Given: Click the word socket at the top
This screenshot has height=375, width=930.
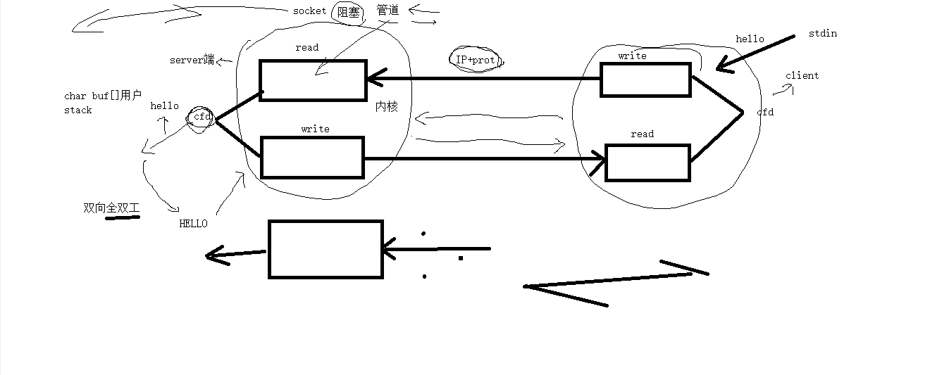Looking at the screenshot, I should tap(309, 11).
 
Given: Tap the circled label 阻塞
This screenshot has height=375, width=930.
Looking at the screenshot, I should tap(349, 12).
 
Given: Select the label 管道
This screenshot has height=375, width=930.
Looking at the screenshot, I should tap(387, 10).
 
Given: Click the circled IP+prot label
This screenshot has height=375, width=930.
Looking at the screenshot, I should tap(475, 61).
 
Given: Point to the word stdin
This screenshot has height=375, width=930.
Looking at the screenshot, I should tap(822, 33).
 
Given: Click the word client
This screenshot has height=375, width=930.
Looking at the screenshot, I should tap(802, 75).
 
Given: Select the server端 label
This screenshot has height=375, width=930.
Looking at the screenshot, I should tap(192, 61).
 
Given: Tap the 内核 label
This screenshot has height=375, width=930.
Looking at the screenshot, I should tap(386, 106).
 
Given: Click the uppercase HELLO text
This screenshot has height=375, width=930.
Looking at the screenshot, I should tap(194, 223).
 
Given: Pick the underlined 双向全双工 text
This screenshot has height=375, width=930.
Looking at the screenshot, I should tap(111, 208).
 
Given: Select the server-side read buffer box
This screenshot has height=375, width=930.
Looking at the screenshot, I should tap(313, 80).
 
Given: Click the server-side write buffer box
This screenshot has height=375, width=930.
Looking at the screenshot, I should tap(312, 158).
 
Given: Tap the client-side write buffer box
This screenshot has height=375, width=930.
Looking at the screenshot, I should tap(645, 80).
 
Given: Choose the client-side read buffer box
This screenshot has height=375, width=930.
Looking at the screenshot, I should tap(647, 163).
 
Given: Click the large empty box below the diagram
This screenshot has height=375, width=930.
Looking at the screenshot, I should tap(325, 249).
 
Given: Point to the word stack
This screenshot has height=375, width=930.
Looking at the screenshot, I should tap(77, 110).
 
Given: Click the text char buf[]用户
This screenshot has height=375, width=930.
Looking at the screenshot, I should tap(103, 96).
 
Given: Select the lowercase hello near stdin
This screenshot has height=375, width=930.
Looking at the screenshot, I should tap(750, 39).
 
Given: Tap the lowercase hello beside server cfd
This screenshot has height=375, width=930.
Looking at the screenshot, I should tap(164, 106).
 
